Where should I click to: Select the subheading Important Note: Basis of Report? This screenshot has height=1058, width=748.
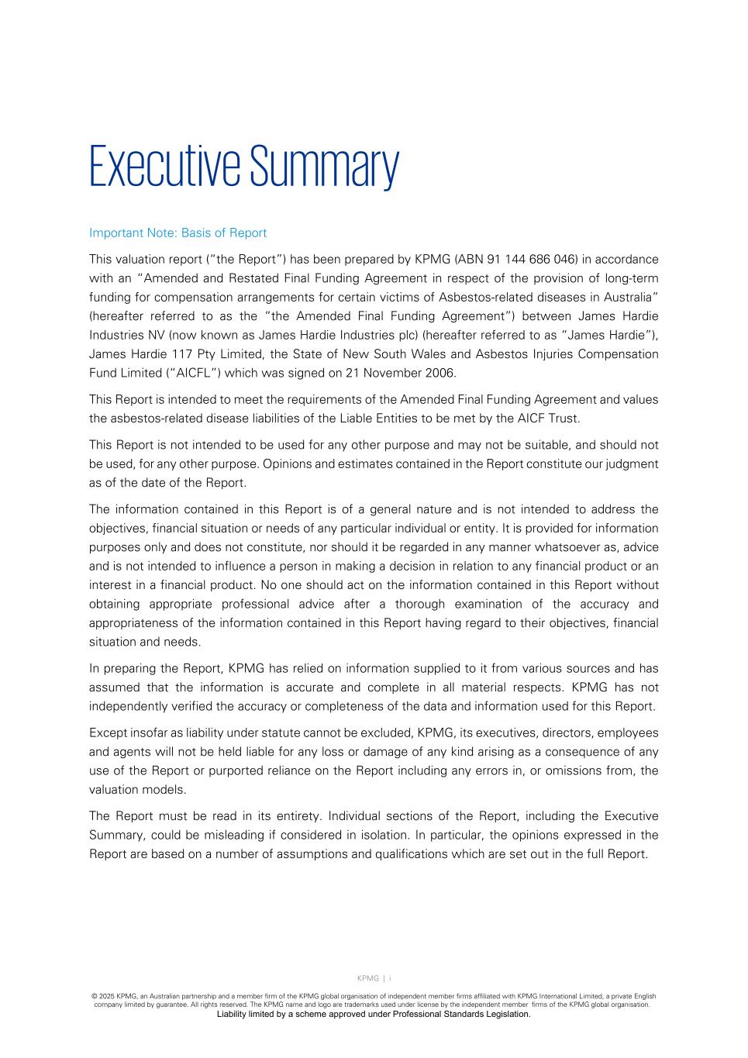(x=178, y=233)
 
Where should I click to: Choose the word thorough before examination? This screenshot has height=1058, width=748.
(x=420, y=605)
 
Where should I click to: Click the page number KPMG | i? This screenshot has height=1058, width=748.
(x=374, y=978)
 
